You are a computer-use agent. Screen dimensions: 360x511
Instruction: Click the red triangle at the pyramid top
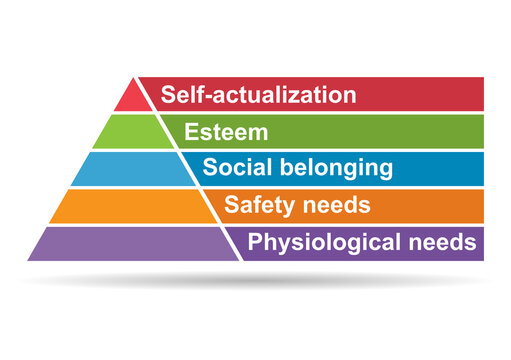132,97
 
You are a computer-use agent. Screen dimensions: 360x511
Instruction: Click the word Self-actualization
258,95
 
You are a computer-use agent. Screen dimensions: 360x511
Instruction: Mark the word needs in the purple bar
439,243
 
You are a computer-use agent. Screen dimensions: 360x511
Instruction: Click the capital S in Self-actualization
168,95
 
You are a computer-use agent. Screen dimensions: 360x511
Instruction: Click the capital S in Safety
231,206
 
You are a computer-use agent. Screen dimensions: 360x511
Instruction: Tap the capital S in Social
209,168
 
